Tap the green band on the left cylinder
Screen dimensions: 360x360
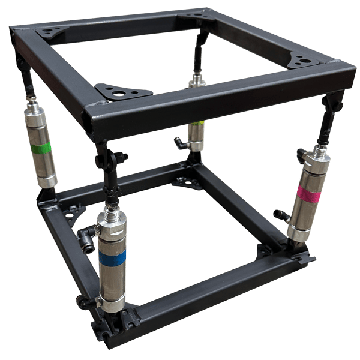(x=41, y=147)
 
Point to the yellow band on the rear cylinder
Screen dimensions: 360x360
(x=196, y=125)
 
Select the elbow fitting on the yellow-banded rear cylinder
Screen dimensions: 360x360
(x=179, y=142)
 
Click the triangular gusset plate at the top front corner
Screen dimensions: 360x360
(x=123, y=92)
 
